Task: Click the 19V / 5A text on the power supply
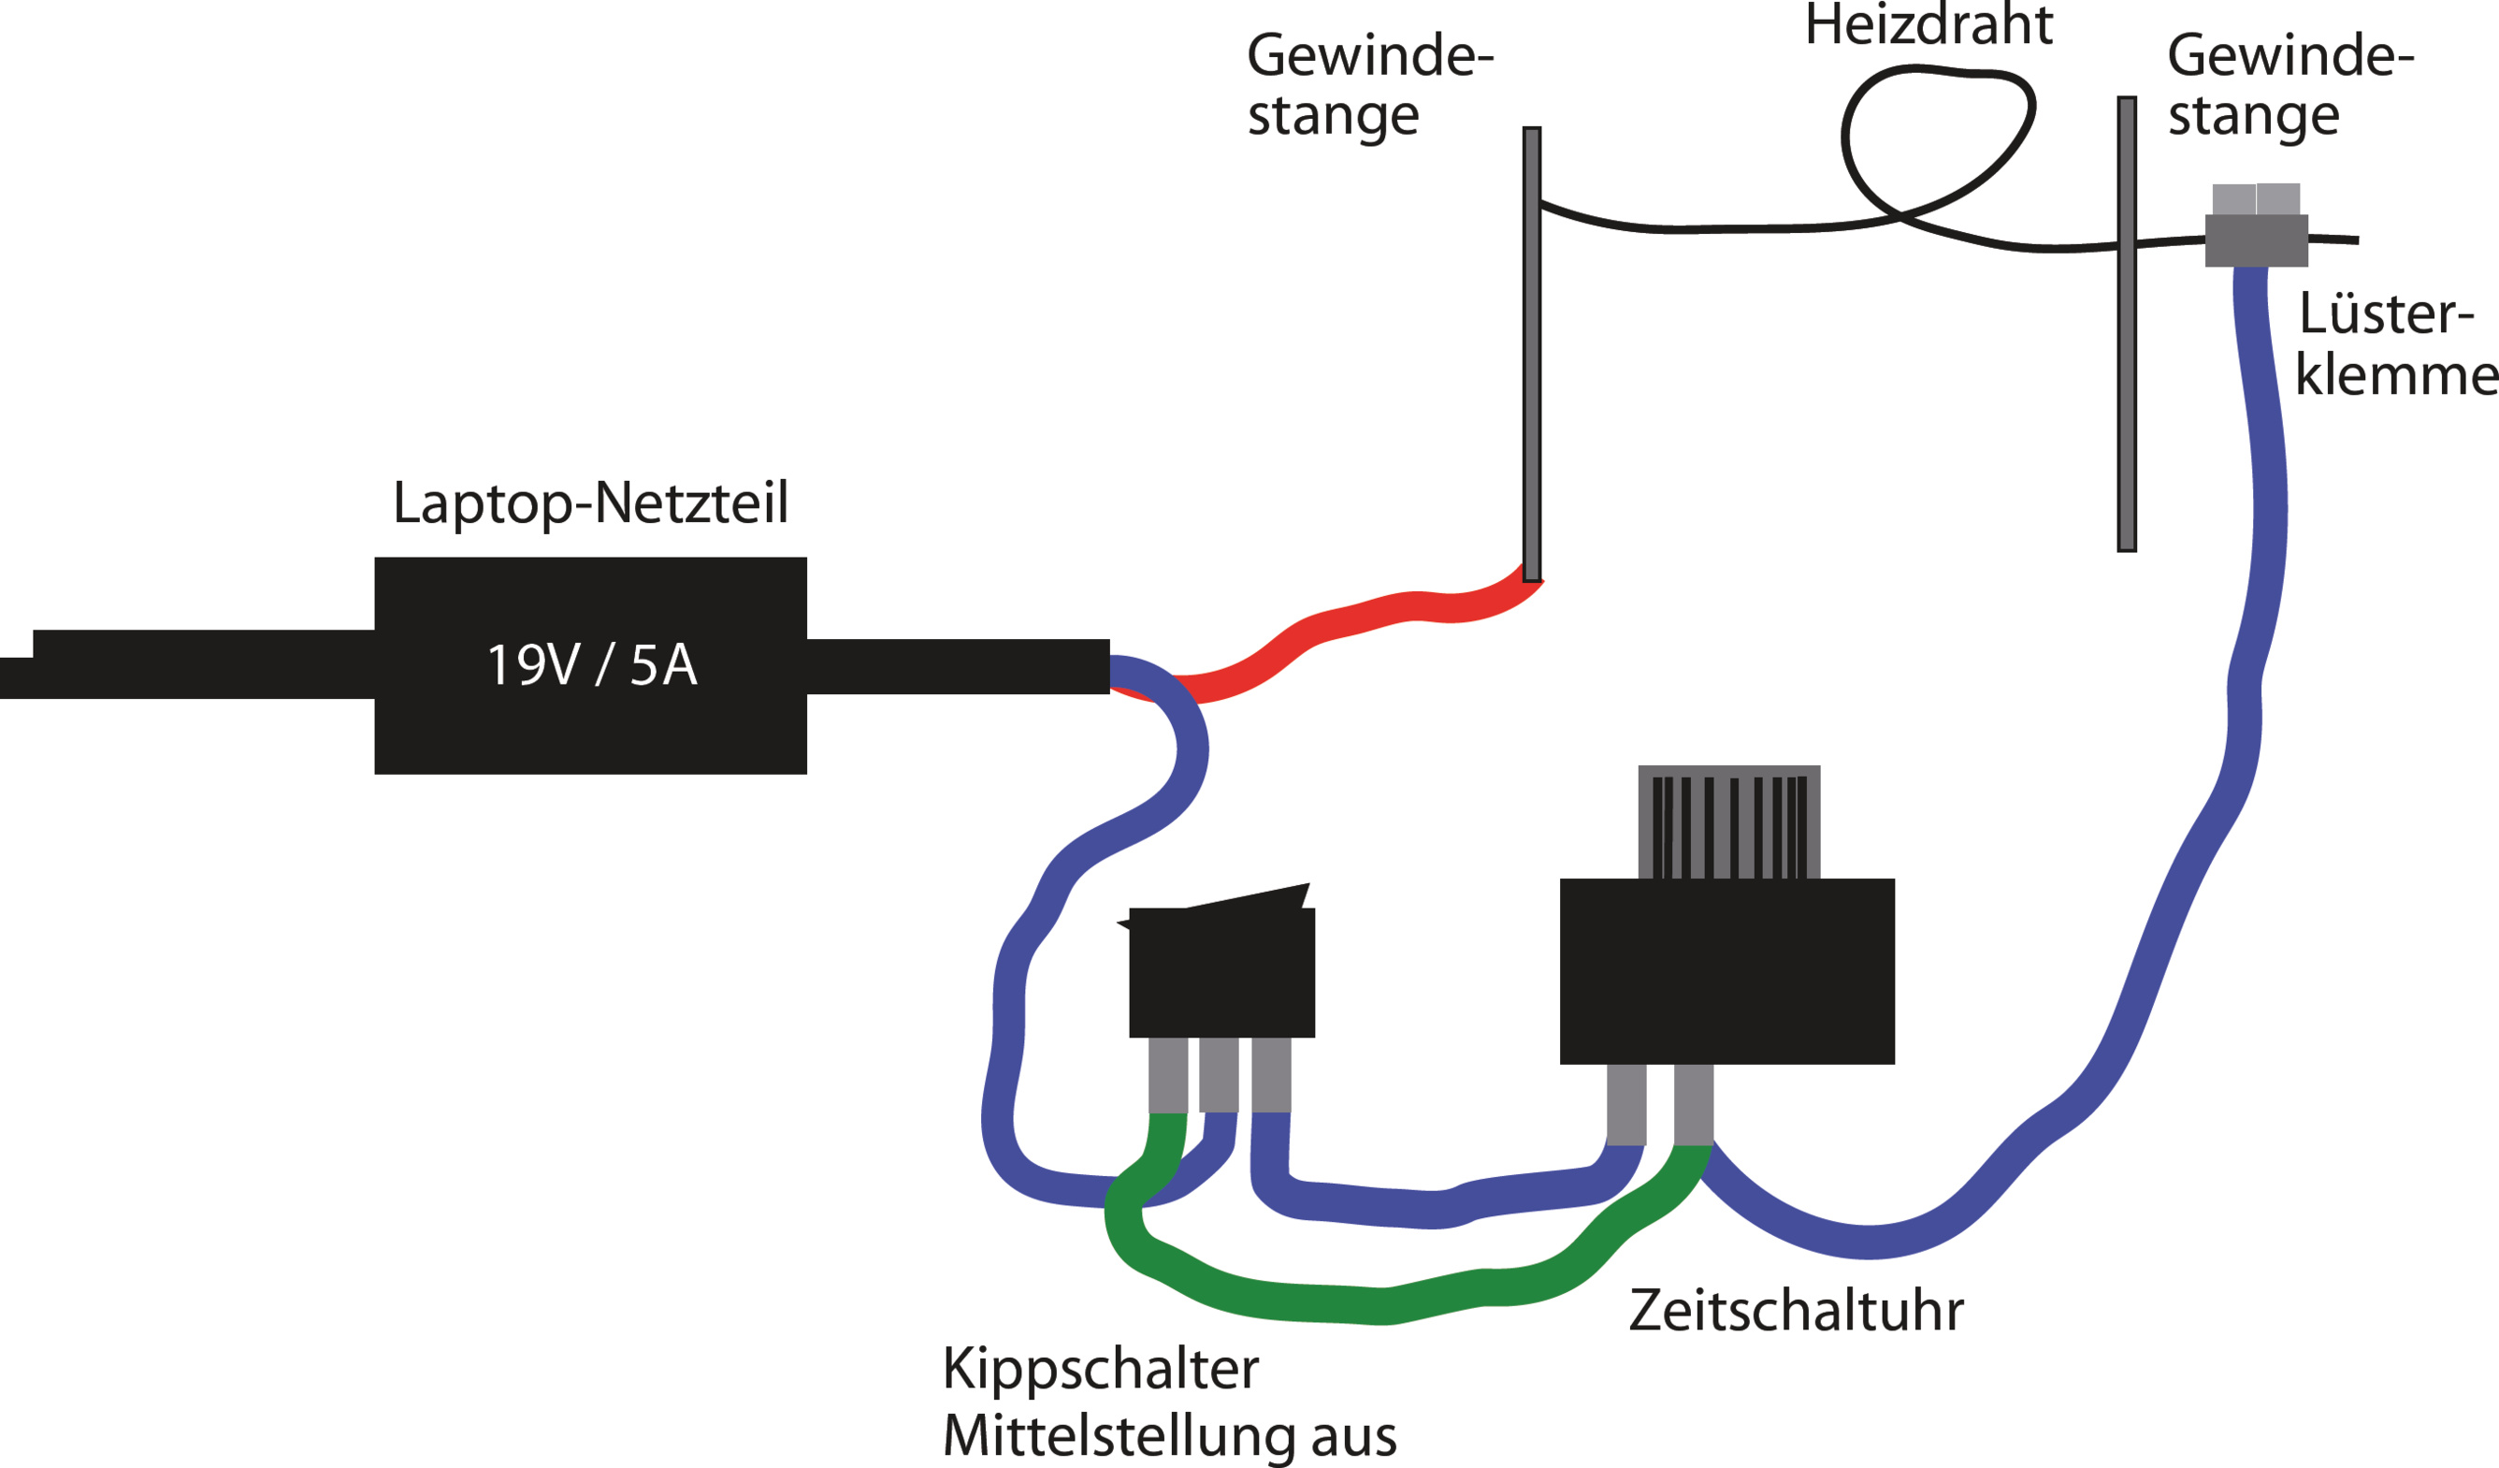592,665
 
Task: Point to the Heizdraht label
1928,26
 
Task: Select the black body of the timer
1727,972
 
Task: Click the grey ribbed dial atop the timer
1729,822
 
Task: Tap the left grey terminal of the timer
1626,1105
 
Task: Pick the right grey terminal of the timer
1694,1105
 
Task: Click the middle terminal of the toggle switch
1219,1075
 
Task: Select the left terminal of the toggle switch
1168,1075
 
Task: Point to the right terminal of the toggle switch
1271,1075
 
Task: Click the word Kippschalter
1100,1369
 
